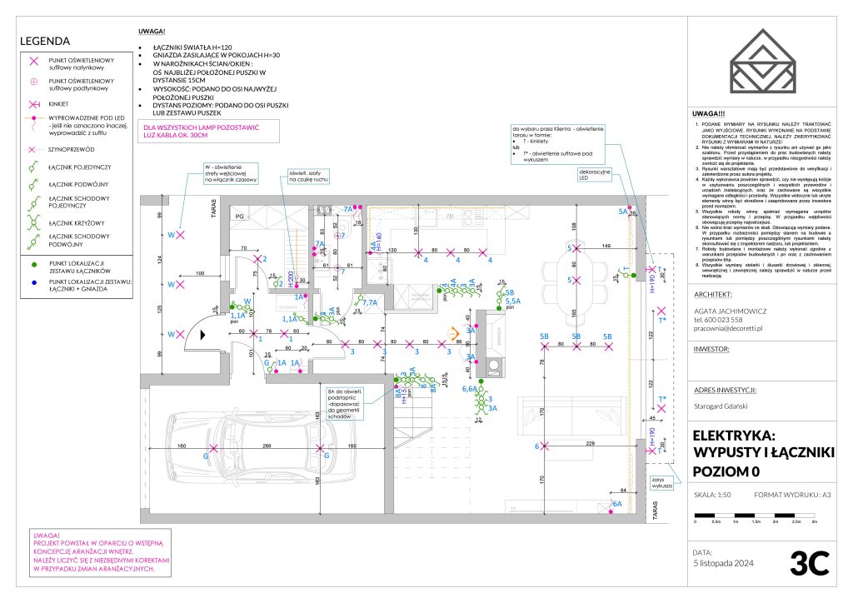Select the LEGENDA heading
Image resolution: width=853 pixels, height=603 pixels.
[45, 41]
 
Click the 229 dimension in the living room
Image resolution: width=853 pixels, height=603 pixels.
[590, 445]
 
